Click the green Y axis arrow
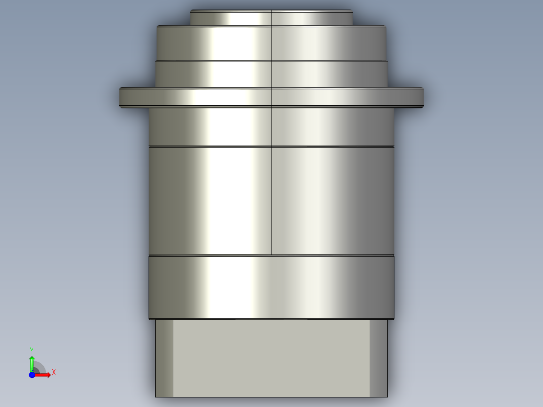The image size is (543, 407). tap(31, 362)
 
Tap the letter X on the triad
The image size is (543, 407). tap(54, 373)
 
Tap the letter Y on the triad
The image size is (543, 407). tap(31, 350)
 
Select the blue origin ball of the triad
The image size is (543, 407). tap(32, 375)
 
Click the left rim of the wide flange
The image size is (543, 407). tap(121, 97)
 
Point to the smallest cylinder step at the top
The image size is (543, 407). tap(271, 18)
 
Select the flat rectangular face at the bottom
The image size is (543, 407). tap(271, 358)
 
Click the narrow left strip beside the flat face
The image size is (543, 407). tap(164, 358)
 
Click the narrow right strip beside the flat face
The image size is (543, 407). tap(379, 358)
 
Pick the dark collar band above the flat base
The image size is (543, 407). tap(271, 287)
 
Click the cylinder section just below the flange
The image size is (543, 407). tap(271, 126)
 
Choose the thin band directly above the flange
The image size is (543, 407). tap(271, 74)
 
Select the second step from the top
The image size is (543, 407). tap(271, 43)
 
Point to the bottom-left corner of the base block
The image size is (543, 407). tap(156, 396)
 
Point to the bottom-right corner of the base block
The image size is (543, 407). tap(387, 396)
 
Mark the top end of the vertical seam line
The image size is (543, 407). tap(271, 11)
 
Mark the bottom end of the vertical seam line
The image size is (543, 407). tap(271, 254)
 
